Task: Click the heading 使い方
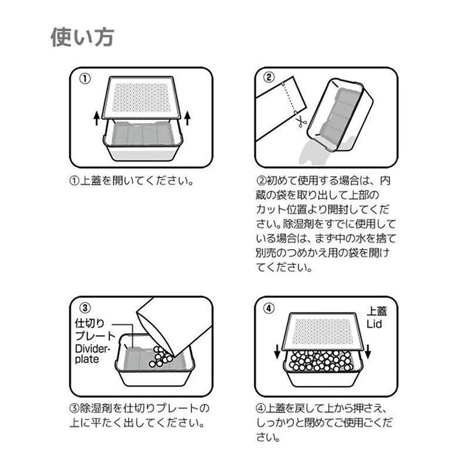pyautogui.click(x=82, y=38)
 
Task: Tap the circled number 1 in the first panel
pyautogui.click(x=85, y=79)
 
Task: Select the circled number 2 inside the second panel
pyautogui.click(x=268, y=78)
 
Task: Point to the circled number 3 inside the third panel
pyautogui.click(x=85, y=308)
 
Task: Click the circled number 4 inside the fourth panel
pyautogui.click(x=268, y=308)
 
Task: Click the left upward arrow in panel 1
pyautogui.click(x=96, y=118)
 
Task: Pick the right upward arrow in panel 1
pyautogui.click(x=187, y=118)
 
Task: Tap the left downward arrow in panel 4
pyautogui.click(x=277, y=351)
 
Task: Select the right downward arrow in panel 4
pyautogui.click(x=368, y=351)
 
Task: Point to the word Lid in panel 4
pyautogui.click(x=374, y=324)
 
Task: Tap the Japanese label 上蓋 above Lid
pyautogui.click(x=377, y=311)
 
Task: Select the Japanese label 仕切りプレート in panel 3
pyautogui.click(x=95, y=329)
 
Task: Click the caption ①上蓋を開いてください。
pyautogui.click(x=131, y=181)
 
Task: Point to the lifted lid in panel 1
pyautogui.click(x=142, y=98)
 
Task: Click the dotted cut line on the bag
pyautogui.click(x=288, y=98)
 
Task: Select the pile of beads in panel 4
pyautogui.click(x=321, y=360)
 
